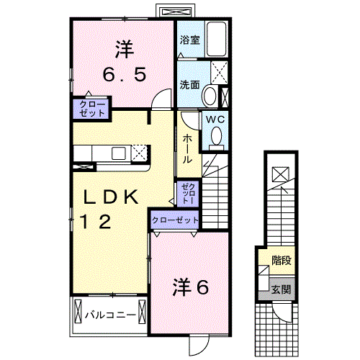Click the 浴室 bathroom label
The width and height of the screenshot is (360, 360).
tap(190, 41)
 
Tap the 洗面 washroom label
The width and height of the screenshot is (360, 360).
tap(189, 84)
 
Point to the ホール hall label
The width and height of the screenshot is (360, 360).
tap(186, 148)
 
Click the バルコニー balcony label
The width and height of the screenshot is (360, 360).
tap(110, 315)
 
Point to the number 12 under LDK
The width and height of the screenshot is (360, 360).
tap(96, 222)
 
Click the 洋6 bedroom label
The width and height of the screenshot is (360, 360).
tap(189, 287)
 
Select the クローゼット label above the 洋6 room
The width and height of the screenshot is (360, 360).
tap(174, 220)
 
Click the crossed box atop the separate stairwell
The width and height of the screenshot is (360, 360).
tap(281, 173)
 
